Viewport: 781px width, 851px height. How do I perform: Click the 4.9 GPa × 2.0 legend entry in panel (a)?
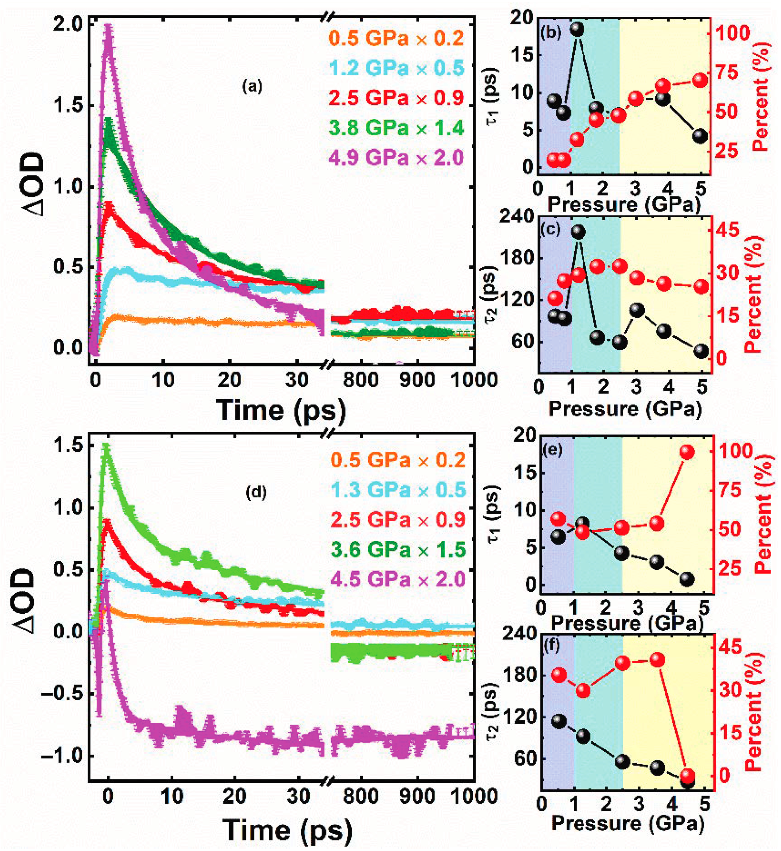point(396,158)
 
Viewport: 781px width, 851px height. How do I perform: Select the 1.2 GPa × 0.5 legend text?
point(396,68)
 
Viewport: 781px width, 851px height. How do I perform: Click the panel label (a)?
point(252,87)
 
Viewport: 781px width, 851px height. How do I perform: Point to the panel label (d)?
point(256,492)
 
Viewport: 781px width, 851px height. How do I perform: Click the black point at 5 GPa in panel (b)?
point(700,136)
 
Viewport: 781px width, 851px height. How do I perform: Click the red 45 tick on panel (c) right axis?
point(727,230)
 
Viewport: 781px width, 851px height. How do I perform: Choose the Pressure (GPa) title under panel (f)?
point(628,823)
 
